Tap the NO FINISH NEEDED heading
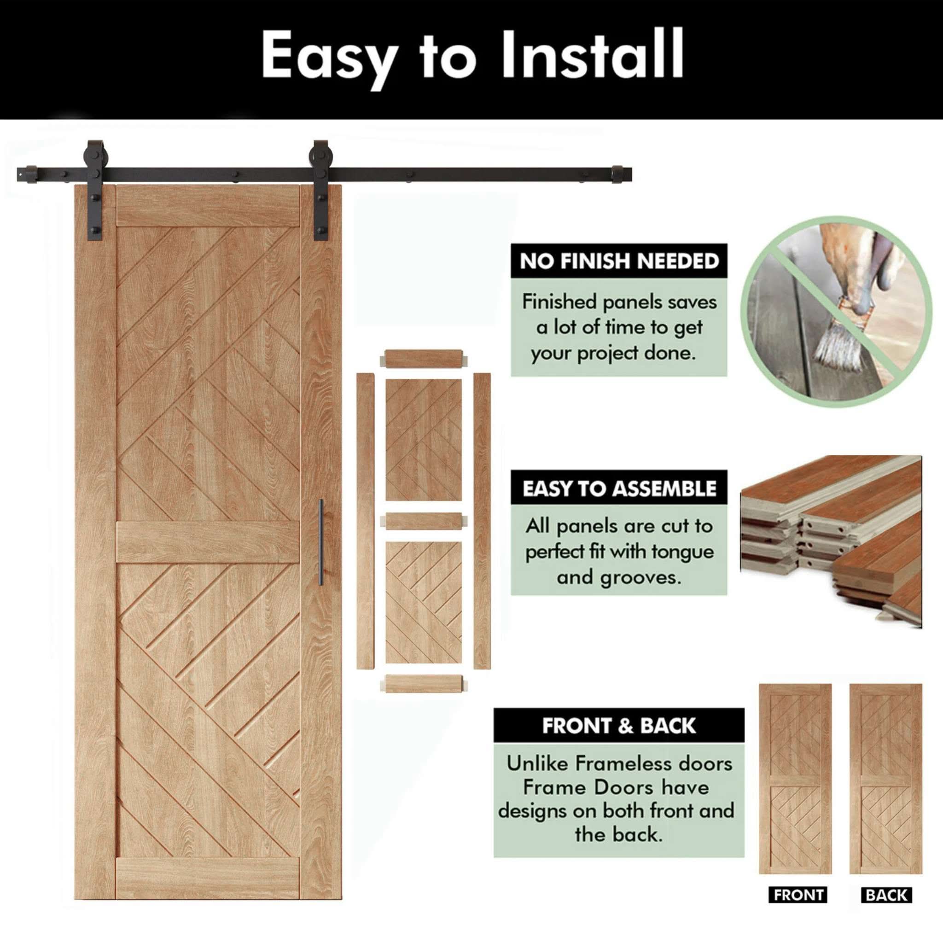tap(619, 262)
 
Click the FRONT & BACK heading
tap(618, 726)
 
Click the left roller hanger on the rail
tap(94, 195)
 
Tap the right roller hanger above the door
tap(320, 195)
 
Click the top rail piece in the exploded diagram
tap(423, 358)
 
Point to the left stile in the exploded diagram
tap(365, 521)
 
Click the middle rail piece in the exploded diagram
tap(423, 521)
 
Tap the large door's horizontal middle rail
tap(208, 542)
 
